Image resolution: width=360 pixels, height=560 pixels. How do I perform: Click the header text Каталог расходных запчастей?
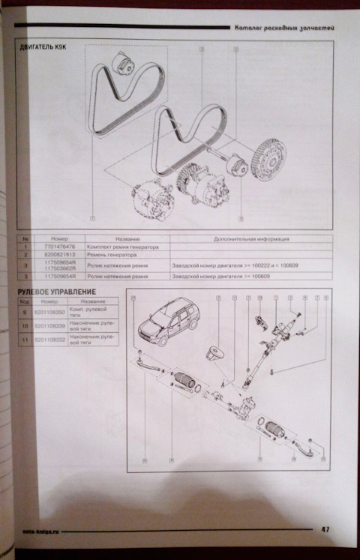click(284, 27)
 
